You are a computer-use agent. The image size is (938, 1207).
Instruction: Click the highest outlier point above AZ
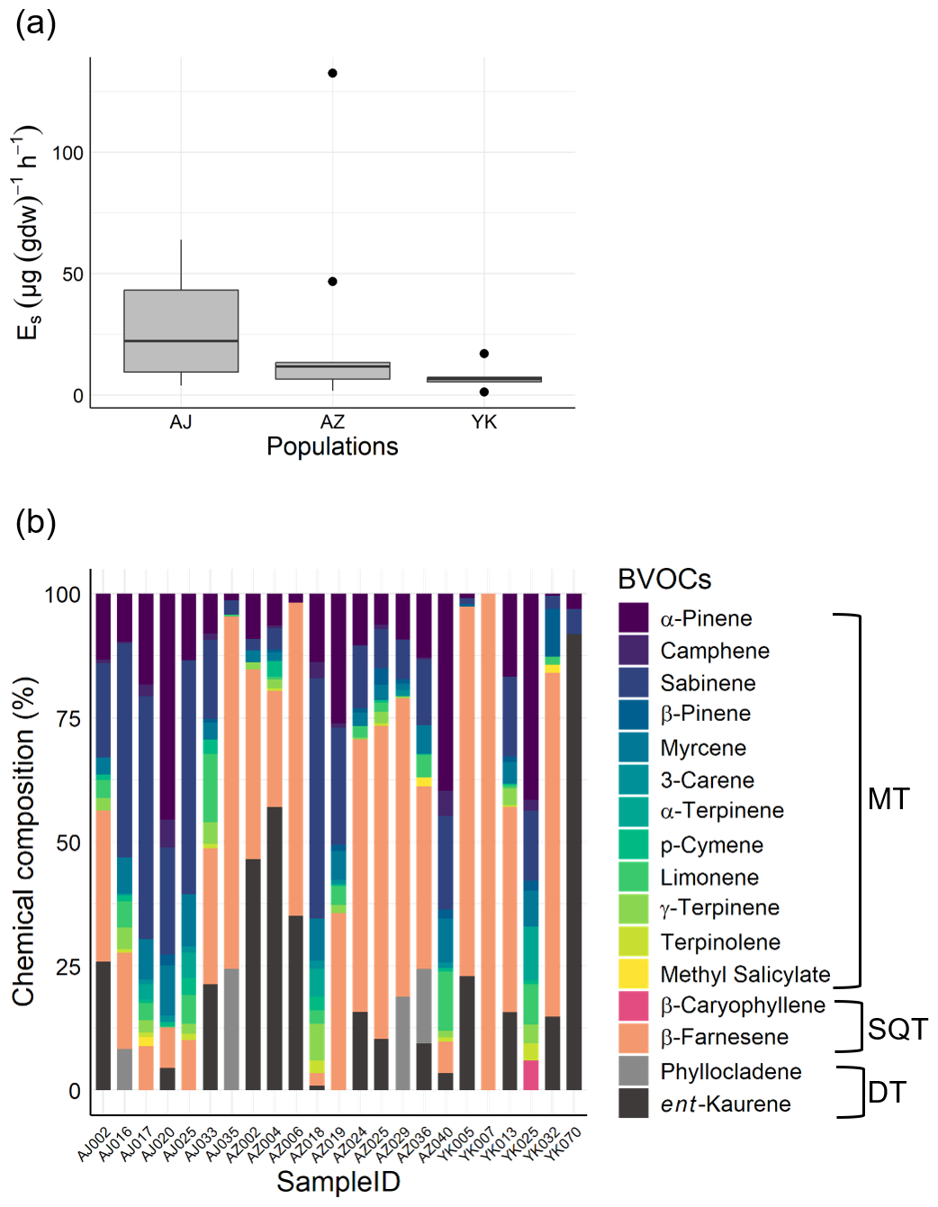coord(332,73)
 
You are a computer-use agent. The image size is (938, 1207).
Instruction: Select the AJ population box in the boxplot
coord(181,330)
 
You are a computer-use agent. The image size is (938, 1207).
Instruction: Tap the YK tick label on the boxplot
coord(483,422)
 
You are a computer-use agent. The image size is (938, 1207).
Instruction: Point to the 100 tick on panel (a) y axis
coord(68,153)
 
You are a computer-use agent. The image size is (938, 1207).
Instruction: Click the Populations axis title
coord(332,446)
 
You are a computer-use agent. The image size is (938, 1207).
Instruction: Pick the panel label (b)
coord(36,522)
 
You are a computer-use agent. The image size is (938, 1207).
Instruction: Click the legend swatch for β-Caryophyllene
coord(634,1006)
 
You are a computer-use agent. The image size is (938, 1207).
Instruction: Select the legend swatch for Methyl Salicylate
coord(634,974)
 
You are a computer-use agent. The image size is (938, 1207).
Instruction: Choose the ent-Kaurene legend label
coord(725,1104)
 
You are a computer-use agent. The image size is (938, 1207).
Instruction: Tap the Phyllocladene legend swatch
coord(634,1071)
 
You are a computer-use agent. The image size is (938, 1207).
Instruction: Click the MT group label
coord(888,799)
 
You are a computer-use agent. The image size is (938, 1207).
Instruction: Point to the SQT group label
coord(897,1029)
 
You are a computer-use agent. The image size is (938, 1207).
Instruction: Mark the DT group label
coord(887,1093)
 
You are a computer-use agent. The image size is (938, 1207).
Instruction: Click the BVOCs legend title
coord(664,579)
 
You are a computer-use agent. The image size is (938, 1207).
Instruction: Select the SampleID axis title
coord(338,1182)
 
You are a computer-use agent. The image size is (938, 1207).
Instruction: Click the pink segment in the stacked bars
coord(531,1075)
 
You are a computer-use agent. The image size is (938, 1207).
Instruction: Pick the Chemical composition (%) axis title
coord(24,842)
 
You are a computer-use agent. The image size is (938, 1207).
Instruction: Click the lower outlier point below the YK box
coord(484,392)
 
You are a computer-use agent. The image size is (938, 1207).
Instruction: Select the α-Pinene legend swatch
coord(634,618)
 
